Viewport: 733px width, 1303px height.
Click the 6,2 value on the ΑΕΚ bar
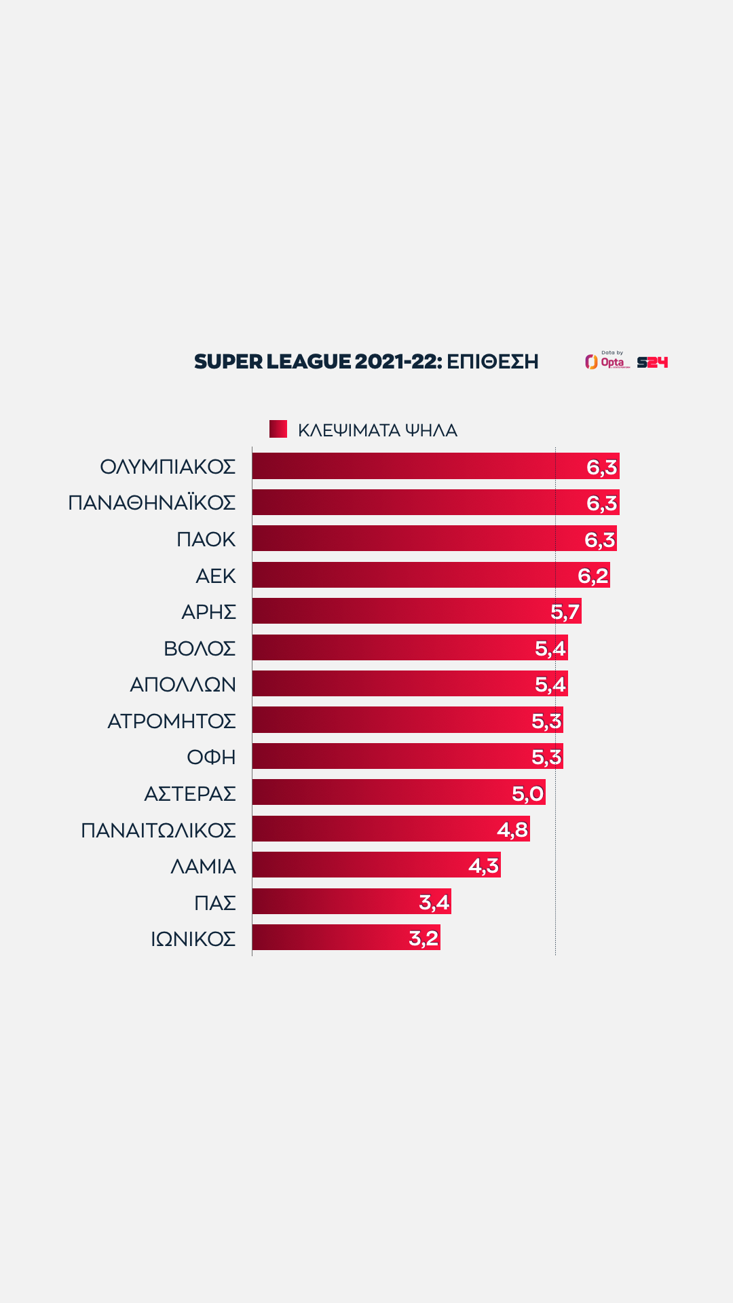[593, 575]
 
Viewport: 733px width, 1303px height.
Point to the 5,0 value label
[527, 793]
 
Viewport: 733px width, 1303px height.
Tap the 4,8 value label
[512, 829]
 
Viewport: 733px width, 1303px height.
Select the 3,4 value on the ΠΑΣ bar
[434, 902]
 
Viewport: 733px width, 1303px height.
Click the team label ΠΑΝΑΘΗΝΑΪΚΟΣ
[152, 502]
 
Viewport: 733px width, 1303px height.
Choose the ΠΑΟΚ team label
[206, 539]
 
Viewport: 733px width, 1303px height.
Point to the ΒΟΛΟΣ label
[200, 648]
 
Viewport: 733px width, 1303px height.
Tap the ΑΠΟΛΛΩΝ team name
[183, 684]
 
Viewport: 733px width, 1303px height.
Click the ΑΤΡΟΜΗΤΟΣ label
[172, 721]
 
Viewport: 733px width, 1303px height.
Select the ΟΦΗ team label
[211, 757]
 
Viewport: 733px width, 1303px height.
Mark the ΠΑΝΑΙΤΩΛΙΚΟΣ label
[158, 830]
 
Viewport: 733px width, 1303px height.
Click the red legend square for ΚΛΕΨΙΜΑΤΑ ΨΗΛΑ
[278, 429]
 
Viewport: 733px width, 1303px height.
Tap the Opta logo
[607, 361]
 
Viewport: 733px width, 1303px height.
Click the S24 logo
[652, 362]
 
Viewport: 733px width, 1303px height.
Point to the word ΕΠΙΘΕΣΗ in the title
[492, 362]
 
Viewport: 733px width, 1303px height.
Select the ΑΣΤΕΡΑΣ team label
[190, 793]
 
